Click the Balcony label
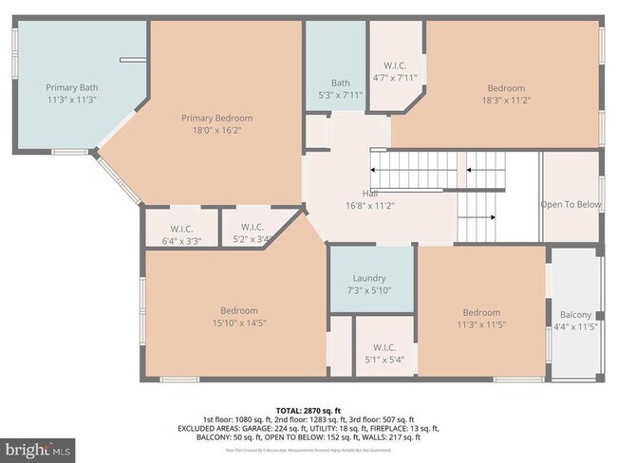[x=575, y=315]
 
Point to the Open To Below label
[x=570, y=204]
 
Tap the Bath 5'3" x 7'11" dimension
[x=340, y=95]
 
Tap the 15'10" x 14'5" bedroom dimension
[x=239, y=324]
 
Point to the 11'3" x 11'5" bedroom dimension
[x=481, y=325]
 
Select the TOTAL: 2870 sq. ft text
[x=308, y=409]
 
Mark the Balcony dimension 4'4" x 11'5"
[x=575, y=327]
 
